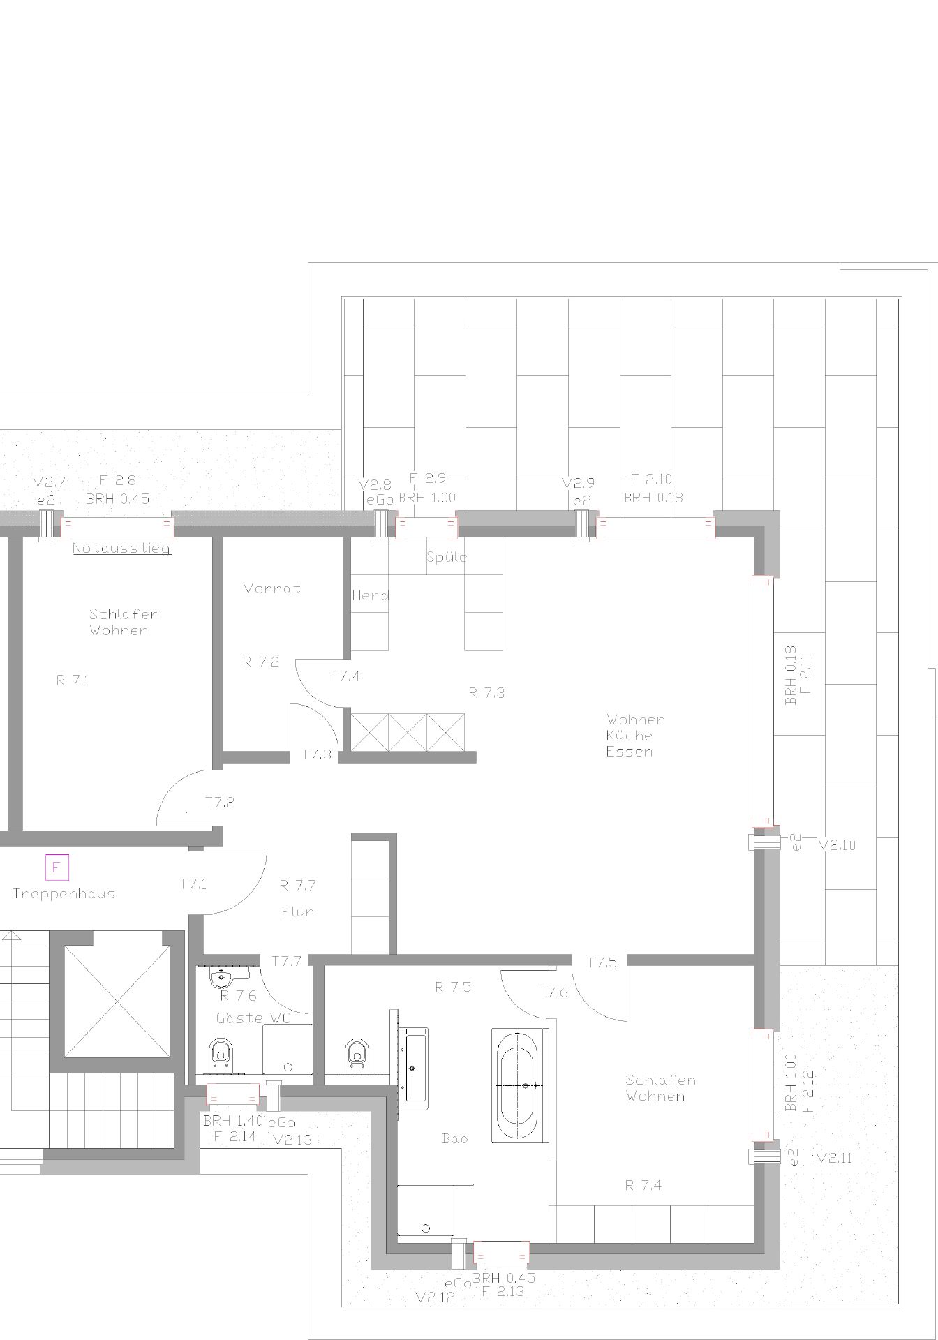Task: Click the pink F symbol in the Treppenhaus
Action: [x=57, y=868]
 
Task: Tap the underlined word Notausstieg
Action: [x=121, y=548]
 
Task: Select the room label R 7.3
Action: [x=486, y=692]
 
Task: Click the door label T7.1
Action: [x=193, y=884]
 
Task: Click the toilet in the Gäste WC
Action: [x=221, y=1055]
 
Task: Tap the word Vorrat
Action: [x=272, y=588]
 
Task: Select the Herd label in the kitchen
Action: [x=371, y=595]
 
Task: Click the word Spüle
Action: [x=447, y=557]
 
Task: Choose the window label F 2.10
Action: [x=651, y=479]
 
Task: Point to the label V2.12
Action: [x=435, y=1297]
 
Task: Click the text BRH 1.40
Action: [x=233, y=1121]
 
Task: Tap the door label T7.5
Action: [x=602, y=962]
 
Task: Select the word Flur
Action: [x=298, y=911]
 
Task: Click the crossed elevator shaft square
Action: [x=117, y=1002]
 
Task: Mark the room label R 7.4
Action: [x=643, y=1184]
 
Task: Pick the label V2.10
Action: [x=837, y=844]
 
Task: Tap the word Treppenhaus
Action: [x=64, y=893]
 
